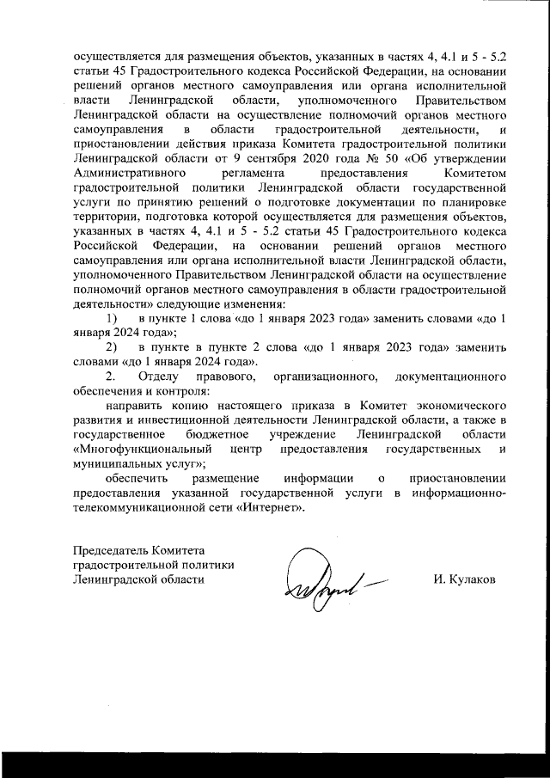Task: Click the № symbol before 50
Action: (373, 181)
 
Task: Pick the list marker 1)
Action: (112, 317)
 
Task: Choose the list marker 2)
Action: (112, 347)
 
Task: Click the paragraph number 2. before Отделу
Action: (110, 377)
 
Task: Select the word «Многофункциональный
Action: (142, 450)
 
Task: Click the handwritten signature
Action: (324, 579)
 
